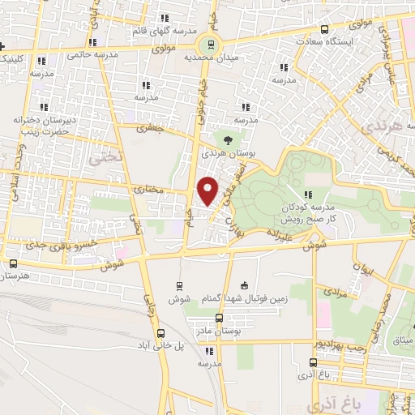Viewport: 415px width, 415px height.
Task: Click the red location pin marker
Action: (x=208, y=190)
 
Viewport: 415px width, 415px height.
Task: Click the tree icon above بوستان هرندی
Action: (x=237, y=140)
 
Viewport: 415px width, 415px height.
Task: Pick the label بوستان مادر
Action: (x=213, y=332)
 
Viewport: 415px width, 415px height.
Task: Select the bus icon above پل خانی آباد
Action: (x=160, y=332)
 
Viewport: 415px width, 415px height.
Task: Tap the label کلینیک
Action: (x=11, y=58)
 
